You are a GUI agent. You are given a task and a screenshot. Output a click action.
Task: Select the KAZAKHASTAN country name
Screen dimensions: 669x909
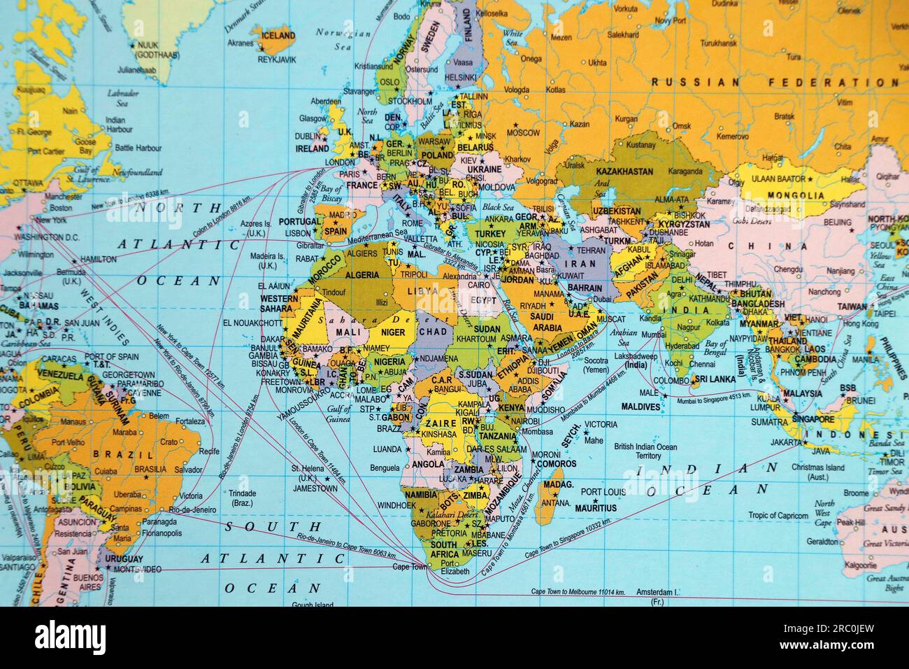point(624,171)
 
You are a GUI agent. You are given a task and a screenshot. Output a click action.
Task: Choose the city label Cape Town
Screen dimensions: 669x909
point(410,566)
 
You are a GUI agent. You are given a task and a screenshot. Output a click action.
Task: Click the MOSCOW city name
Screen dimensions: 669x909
point(523,132)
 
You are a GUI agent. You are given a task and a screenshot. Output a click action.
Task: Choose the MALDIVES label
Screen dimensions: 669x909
point(640,407)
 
